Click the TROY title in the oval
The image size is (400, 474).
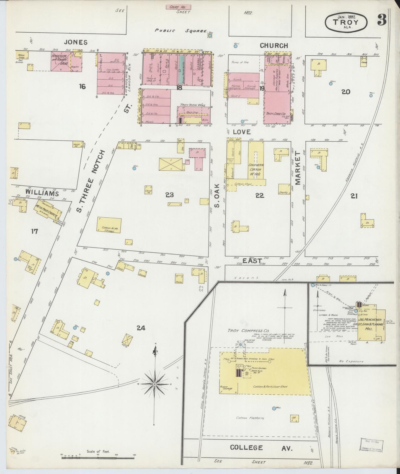point(346,22)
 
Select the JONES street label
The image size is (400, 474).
point(76,42)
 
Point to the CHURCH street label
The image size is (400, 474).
point(274,46)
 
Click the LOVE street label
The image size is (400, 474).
point(242,132)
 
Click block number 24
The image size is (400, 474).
point(141,328)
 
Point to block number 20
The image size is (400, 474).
point(346,92)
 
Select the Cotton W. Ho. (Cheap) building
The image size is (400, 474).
point(109,225)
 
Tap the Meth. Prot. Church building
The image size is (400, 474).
point(47,212)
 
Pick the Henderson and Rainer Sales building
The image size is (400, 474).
point(61,61)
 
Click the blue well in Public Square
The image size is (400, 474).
point(210,35)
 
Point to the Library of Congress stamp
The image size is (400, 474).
point(372,445)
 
